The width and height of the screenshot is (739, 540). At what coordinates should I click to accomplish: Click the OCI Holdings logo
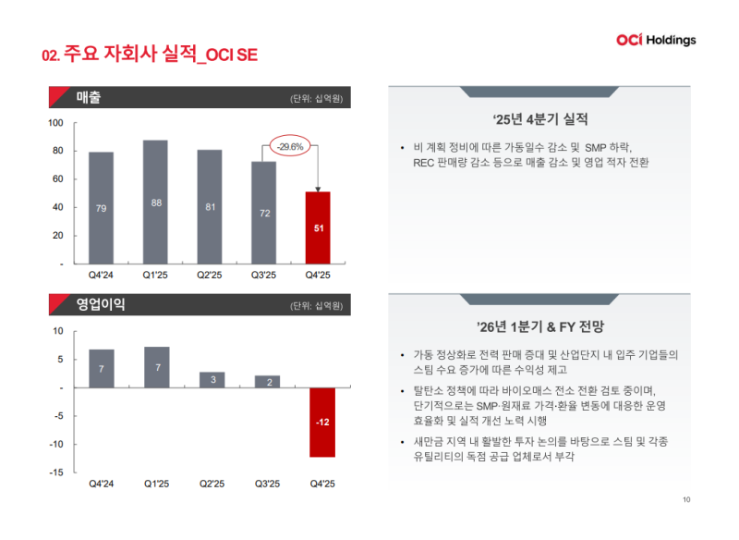point(656,40)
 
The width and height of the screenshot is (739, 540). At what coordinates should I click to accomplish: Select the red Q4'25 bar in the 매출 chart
point(318,227)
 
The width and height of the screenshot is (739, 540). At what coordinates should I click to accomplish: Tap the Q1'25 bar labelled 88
point(156,202)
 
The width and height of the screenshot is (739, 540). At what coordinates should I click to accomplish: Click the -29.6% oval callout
point(290,146)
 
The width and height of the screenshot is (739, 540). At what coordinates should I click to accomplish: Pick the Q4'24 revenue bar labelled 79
point(102,207)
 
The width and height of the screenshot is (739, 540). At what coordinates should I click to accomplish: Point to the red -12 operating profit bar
point(321,422)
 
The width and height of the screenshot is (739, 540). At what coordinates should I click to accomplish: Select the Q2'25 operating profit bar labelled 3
point(212,379)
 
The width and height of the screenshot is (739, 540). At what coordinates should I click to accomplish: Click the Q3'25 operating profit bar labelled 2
point(266,381)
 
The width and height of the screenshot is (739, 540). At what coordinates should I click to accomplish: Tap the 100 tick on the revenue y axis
point(55,123)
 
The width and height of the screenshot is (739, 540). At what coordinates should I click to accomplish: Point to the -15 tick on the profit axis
point(55,472)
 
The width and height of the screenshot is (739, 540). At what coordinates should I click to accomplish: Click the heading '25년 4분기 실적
point(540,119)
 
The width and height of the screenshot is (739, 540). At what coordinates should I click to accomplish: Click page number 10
point(686,500)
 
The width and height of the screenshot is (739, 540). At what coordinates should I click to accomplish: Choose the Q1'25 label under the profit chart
point(156,484)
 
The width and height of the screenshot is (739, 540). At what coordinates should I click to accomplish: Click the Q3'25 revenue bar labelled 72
point(264,212)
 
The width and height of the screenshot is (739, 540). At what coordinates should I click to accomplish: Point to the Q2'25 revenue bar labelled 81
point(210,206)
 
